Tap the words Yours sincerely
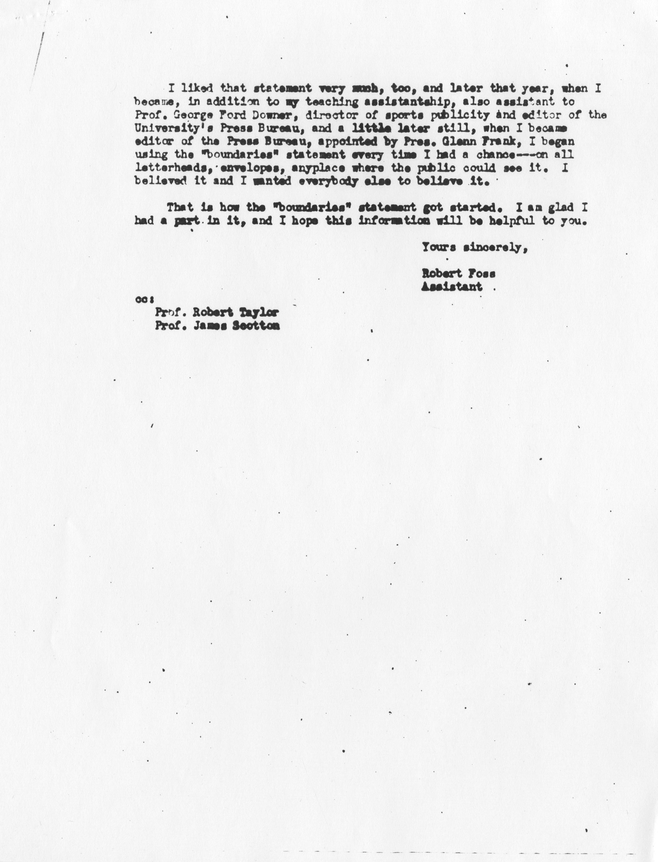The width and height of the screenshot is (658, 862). (474, 248)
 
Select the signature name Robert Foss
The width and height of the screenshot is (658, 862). (458, 274)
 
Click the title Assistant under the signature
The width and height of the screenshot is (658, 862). (452, 287)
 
